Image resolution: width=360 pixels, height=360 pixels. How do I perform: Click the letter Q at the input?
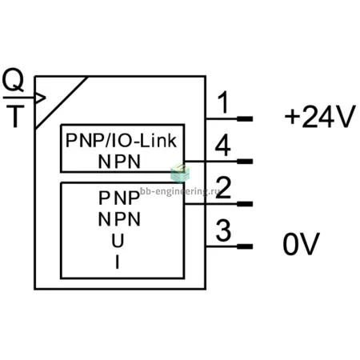(13, 80)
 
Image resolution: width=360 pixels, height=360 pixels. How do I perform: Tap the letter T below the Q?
(15, 116)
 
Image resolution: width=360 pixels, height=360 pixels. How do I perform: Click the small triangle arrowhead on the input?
(40, 98)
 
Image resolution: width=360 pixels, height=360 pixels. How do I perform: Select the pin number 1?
(223, 102)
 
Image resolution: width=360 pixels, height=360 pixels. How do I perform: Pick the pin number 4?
(222, 146)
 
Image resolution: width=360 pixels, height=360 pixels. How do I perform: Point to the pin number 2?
(223, 187)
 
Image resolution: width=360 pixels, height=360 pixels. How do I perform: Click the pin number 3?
(223, 230)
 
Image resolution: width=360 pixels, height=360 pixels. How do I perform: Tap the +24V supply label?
(320, 116)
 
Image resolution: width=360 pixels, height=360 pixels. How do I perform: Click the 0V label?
(301, 244)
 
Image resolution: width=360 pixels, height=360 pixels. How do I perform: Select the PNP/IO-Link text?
(121, 141)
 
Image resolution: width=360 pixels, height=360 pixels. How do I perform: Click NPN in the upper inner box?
(119, 162)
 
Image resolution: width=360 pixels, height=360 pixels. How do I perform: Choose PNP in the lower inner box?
(119, 198)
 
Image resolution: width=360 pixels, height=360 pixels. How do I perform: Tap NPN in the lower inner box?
(119, 219)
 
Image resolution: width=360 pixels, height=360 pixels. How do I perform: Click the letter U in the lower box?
(118, 241)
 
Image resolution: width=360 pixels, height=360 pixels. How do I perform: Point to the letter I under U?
(118, 262)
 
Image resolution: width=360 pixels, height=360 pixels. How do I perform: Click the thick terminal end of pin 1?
(245, 118)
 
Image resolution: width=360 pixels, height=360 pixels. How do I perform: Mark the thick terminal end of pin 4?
(245, 162)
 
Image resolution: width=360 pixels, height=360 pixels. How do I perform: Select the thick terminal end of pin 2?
(245, 204)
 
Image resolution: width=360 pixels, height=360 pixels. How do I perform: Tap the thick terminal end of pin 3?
(245, 246)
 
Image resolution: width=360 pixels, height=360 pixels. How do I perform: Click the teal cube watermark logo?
(180, 173)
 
